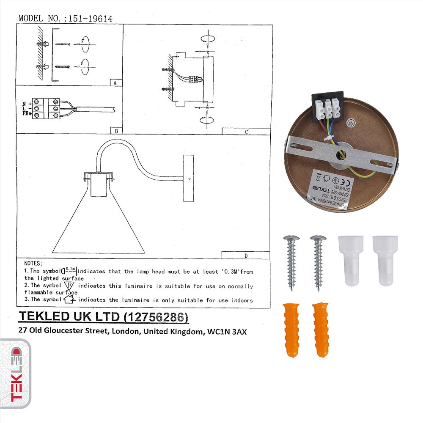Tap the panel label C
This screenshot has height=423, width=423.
click(246, 131)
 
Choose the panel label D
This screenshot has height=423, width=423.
click(246, 255)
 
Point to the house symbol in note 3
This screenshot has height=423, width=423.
click(69, 299)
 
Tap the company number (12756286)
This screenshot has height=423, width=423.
click(156, 317)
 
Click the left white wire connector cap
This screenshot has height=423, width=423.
click(351, 260)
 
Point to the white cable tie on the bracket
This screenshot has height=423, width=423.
click(327, 139)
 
